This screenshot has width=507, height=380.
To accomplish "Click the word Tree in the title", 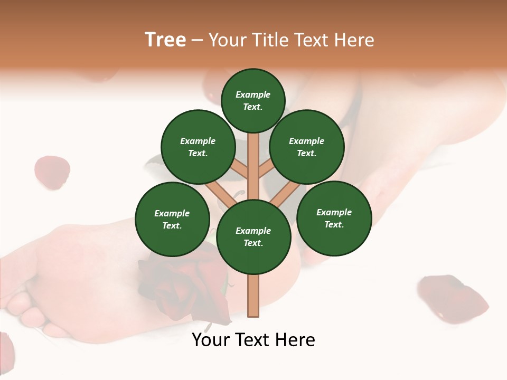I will click(165, 40).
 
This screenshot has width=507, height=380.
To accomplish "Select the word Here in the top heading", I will click(355, 40).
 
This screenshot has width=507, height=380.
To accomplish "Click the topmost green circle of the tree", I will click(253, 100).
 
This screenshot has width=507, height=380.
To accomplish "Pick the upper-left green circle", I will click(198, 147).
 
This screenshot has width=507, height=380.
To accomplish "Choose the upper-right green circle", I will click(307, 147).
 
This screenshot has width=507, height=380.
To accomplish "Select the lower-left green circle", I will click(172, 219).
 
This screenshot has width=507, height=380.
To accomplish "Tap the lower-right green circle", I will click(334, 218).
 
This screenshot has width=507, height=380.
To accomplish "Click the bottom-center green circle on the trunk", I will click(253, 236).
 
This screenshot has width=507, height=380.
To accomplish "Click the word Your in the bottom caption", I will click(210, 340).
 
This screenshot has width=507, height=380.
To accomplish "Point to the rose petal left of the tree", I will click(52, 172).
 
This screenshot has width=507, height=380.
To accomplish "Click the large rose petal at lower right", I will click(452, 296).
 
